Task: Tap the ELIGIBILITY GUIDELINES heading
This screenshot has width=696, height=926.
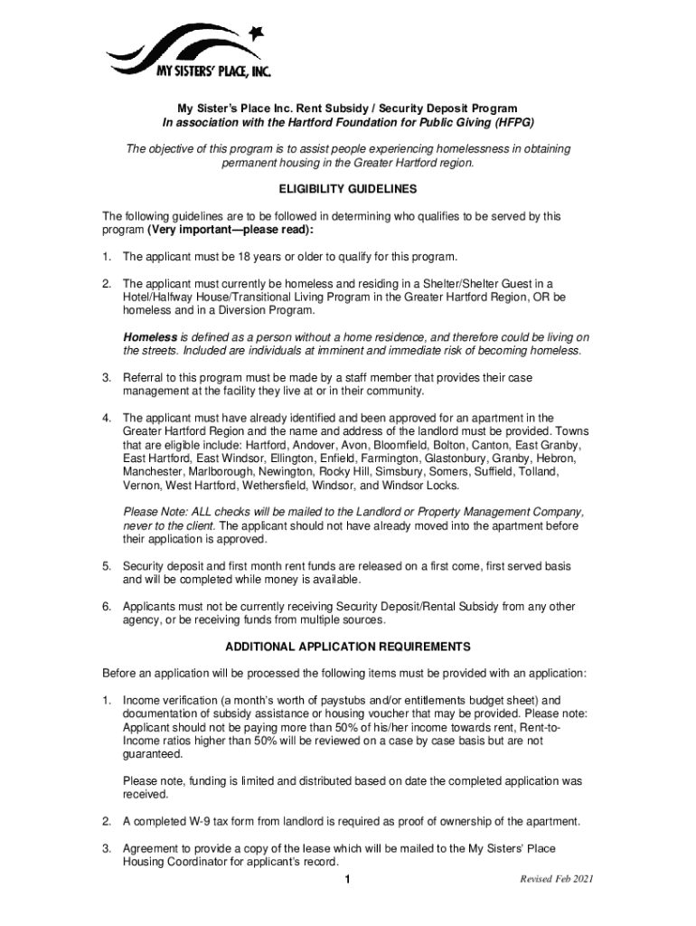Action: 347,190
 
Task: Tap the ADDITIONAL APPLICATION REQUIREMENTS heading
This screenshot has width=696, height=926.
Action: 347,647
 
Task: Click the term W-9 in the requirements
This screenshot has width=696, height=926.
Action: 196,821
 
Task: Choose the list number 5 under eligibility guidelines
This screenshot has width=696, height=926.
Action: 107,565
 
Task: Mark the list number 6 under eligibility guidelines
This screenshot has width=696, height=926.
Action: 107,606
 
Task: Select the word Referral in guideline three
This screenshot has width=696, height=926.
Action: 144,377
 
